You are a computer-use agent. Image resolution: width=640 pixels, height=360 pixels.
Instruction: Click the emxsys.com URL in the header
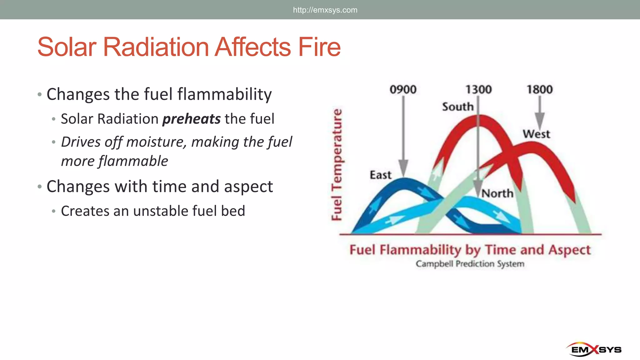[x=325, y=10]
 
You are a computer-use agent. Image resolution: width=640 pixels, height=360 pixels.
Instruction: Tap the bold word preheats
[x=192, y=119]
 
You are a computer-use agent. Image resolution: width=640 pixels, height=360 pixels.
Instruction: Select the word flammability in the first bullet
[x=224, y=94]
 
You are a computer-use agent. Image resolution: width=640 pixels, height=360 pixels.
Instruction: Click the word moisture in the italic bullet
[x=156, y=142]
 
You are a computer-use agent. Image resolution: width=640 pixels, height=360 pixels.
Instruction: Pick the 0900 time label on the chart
[x=403, y=90]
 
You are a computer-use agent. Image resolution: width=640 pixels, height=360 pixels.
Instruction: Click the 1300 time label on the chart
[x=478, y=90]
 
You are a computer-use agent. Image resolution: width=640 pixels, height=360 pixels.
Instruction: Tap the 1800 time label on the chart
[x=540, y=90]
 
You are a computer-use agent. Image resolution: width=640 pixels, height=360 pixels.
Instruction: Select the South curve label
[x=457, y=107]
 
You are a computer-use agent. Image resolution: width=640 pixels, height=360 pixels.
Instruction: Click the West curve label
[x=536, y=134]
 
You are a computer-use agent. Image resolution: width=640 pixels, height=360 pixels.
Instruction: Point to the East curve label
[x=380, y=175]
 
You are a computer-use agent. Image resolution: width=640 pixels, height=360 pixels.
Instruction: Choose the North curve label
[x=497, y=193]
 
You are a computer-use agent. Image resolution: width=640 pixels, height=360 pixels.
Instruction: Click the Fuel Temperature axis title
[x=337, y=165]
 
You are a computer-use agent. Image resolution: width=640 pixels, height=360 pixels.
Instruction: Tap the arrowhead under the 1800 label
[x=540, y=121]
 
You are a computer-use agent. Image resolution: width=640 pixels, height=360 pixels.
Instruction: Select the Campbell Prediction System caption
[x=470, y=264]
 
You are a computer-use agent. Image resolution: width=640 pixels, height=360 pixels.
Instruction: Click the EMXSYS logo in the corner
[x=596, y=349]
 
